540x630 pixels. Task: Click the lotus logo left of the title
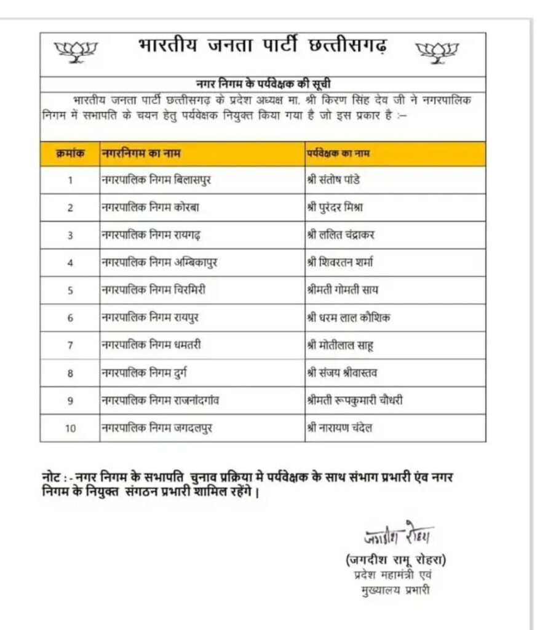coord(73,52)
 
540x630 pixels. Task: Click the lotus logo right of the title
coord(437,52)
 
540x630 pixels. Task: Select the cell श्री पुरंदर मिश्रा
coord(339,207)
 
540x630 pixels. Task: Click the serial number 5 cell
coord(70,290)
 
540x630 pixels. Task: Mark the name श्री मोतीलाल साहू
coord(339,346)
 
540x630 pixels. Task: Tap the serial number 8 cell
coord(70,373)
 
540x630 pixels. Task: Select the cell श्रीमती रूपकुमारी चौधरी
coord(354,401)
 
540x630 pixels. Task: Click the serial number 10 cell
coord(70,429)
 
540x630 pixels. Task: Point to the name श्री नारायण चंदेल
coord(340,428)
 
